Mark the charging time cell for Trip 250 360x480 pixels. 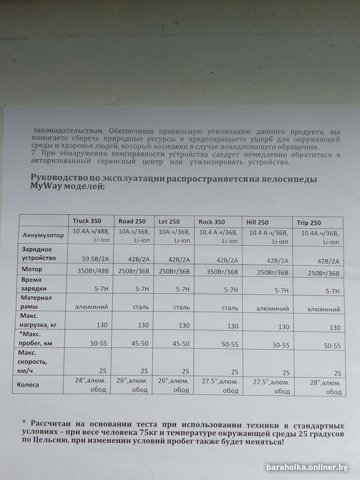[x=332, y=291]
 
